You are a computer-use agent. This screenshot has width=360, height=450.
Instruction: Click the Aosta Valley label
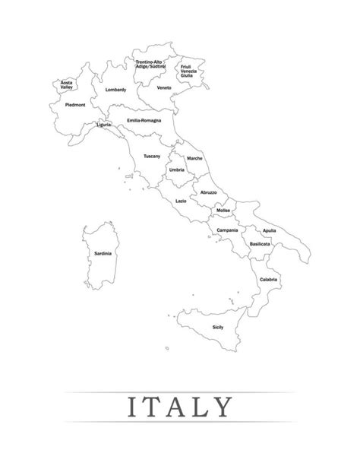tap(67, 84)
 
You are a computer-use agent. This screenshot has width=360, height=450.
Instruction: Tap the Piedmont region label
tap(75, 104)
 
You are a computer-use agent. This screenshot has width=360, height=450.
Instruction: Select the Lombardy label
tap(115, 90)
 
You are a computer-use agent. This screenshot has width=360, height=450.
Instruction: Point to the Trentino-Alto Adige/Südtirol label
tap(150, 65)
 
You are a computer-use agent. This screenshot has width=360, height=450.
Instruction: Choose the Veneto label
tap(164, 88)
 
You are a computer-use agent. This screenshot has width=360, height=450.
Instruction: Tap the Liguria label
tap(104, 122)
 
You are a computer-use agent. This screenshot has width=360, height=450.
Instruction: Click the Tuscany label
tap(152, 156)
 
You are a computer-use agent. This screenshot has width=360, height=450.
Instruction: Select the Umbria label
tap(177, 170)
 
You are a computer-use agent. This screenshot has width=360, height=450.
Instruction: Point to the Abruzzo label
tap(208, 192)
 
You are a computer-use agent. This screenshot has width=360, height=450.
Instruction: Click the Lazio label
tap(181, 201)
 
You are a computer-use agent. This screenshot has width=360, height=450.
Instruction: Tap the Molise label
tap(223, 210)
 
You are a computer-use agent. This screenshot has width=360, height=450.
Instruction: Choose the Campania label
tap(227, 230)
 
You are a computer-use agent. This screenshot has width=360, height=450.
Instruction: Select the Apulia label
tap(269, 230)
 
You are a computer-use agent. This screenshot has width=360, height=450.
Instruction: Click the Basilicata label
tap(261, 245)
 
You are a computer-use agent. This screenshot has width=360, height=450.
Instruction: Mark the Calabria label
tap(267, 280)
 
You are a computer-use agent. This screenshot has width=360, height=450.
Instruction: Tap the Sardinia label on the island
tap(103, 253)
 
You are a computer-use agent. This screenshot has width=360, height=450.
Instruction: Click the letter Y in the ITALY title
tap(219, 407)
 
